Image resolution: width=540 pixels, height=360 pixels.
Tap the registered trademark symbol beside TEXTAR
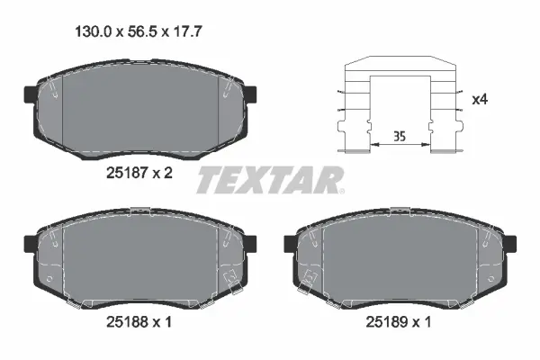tap(341, 190)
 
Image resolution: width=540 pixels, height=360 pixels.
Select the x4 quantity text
tap(480, 98)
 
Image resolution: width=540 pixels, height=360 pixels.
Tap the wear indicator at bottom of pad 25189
tap(308, 290)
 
